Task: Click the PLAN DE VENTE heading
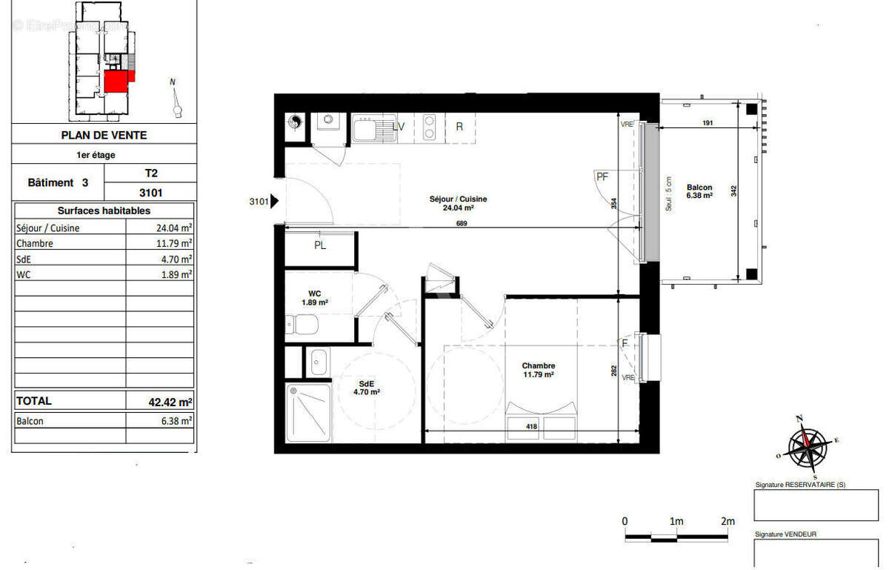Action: pos(103,135)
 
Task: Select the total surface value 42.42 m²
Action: pos(170,402)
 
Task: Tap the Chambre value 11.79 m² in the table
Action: pos(170,243)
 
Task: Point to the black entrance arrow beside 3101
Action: pos(274,200)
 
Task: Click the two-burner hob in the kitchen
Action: pos(428,127)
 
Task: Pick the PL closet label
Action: pos(319,246)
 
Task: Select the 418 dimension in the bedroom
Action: pos(531,426)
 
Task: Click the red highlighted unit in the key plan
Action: pos(116,81)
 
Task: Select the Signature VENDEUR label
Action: pos(785,534)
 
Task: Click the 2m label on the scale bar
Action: pos(727,521)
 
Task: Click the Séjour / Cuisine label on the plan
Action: pos(458,199)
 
